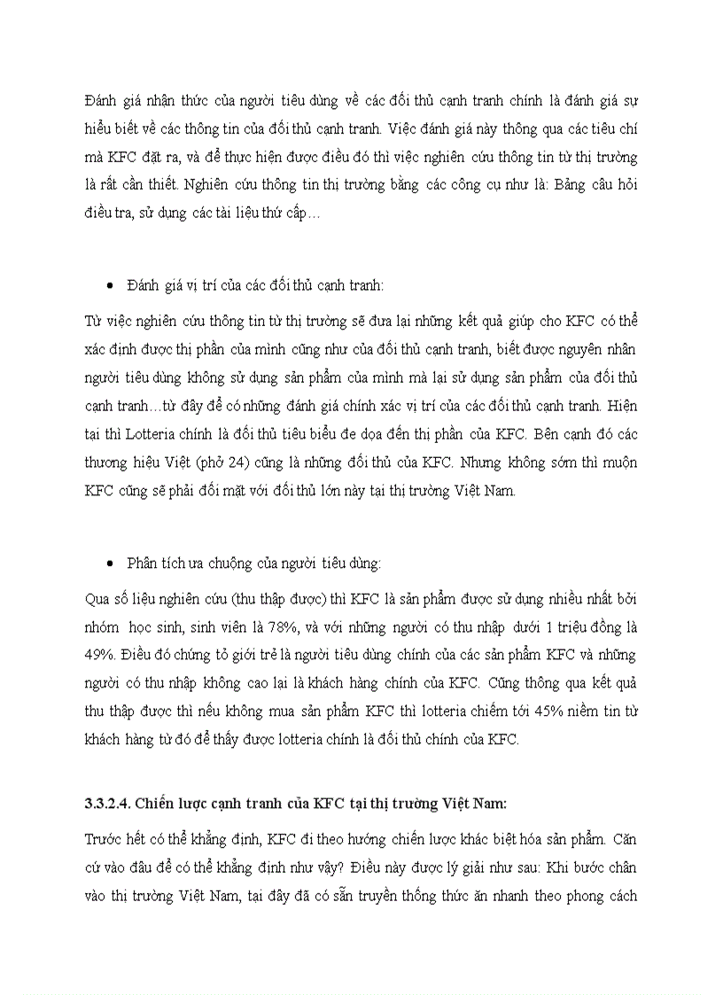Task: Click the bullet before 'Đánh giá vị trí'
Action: (108, 286)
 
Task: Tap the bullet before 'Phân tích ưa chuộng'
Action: (108, 564)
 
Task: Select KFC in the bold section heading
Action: (338, 804)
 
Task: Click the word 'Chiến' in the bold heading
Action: (166, 804)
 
